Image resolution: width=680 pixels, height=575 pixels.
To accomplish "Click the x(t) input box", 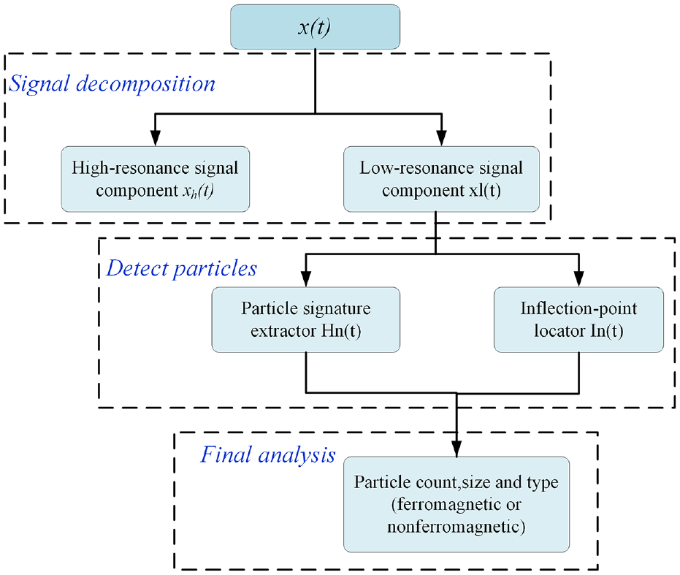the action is (x=315, y=27).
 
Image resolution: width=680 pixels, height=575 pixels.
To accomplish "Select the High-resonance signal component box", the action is (x=156, y=179).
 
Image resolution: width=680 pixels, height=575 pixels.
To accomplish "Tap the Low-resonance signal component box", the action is (x=441, y=179).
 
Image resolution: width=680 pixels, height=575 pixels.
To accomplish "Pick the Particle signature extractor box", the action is (x=306, y=319).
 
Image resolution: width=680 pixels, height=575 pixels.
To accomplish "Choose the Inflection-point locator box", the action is (x=578, y=319).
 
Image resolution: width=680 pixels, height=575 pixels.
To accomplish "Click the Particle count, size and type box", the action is (x=456, y=504).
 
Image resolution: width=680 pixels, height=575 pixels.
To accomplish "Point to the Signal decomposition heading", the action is (x=112, y=84).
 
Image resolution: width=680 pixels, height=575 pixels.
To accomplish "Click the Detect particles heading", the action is (x=182, y=268).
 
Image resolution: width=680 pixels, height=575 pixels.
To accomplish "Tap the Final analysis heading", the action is (x=267, y=455).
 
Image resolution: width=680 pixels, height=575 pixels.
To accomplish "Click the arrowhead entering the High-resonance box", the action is (x=156, y=138).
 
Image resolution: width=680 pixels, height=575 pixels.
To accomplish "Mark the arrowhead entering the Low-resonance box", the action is (x=441, y=138).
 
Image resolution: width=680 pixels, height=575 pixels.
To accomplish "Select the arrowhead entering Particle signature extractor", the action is (x=306, y=278).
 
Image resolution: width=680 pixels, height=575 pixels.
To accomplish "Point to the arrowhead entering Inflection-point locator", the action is (x=578, y=278).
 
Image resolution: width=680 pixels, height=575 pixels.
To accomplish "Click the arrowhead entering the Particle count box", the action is (x=456, y=449).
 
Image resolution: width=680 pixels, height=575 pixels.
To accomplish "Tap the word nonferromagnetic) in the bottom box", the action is (x=456, y=527).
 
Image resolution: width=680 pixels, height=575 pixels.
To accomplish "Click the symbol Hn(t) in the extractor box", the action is (x=341, y=331).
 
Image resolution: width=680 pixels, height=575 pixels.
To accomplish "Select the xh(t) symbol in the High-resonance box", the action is (x=198, y=191).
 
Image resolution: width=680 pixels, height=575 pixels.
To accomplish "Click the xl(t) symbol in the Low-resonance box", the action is (x=485, y=190).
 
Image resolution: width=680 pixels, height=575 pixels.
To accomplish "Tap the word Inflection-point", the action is (x=578, y=308).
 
